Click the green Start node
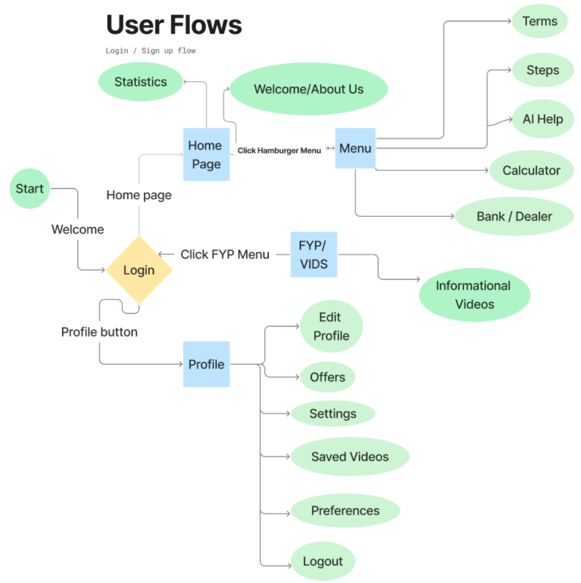coord(29,188)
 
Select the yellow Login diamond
coord(139,270)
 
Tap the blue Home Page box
coord(206,154)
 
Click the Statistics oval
coord(140,82)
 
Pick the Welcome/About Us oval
coord(309,90)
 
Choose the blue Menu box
coord(355,148)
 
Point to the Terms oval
coord(539,22)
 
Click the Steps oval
coord(542,70)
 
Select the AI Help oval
coord(542,119)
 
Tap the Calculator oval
coord(531,170)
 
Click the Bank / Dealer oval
coord(514,216)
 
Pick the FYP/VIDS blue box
coord(313,254)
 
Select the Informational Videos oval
coord(474,295)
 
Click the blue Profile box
coord(206,364)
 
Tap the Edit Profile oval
coord(331,326)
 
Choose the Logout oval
coord(323,561)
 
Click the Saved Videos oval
coord(349,456)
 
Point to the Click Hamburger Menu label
coord(279,151)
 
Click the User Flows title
coord(174,25)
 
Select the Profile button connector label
coord(99,332)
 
